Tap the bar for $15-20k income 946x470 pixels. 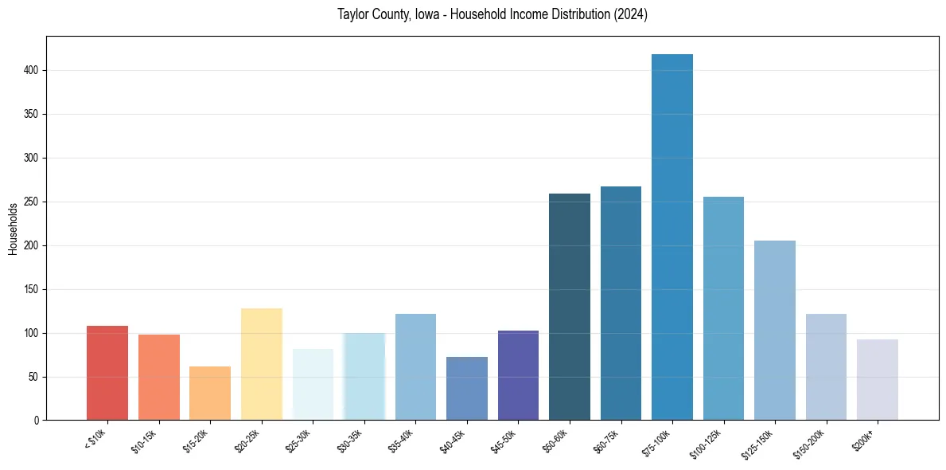(210, 394)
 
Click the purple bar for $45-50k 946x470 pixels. (518, 375)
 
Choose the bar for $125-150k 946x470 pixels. (774, 331)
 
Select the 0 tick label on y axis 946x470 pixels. (37, 421)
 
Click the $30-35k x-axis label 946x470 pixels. (349, 441)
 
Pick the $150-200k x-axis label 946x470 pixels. (808, 443)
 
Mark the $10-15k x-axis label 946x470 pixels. (144, 441)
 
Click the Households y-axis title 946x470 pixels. (13, 229)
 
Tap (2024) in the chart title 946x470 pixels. (630, 14)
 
